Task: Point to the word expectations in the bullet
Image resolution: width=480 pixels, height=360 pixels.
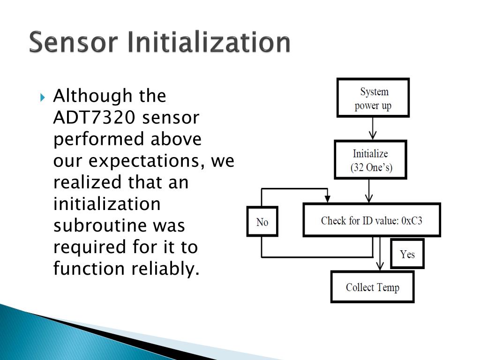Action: point(147,161)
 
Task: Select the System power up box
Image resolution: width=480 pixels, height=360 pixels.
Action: point(373,97)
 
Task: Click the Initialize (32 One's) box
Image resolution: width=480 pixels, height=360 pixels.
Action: point(370,160)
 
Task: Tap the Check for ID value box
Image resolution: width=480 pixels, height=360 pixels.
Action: point(372,220)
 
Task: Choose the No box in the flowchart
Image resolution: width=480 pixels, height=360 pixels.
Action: point(262,221)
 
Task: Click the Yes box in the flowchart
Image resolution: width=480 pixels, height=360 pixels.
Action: point(407,254)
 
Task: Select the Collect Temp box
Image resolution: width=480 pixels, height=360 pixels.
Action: point(373,287)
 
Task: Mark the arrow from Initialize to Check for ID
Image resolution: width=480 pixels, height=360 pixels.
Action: point(370,191)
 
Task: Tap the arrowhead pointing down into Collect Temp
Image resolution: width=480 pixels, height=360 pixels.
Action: point(380,266)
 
